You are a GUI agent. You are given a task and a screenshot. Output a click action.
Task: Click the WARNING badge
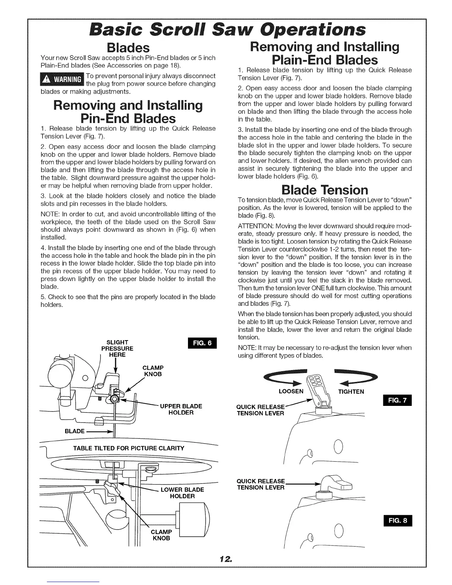coord(62,80)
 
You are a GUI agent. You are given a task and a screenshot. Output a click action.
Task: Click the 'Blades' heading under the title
coord(127,48)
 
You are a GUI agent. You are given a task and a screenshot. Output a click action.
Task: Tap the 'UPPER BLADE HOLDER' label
coord(181,409)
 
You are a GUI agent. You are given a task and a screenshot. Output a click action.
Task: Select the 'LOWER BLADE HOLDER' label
coord(182,493)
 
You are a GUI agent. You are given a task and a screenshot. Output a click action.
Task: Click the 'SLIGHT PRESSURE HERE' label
coord(117,348)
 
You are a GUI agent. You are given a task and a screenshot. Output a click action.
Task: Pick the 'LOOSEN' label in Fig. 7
coord(291,391)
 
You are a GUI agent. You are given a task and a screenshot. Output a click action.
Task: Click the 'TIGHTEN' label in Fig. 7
coord(351,391)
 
